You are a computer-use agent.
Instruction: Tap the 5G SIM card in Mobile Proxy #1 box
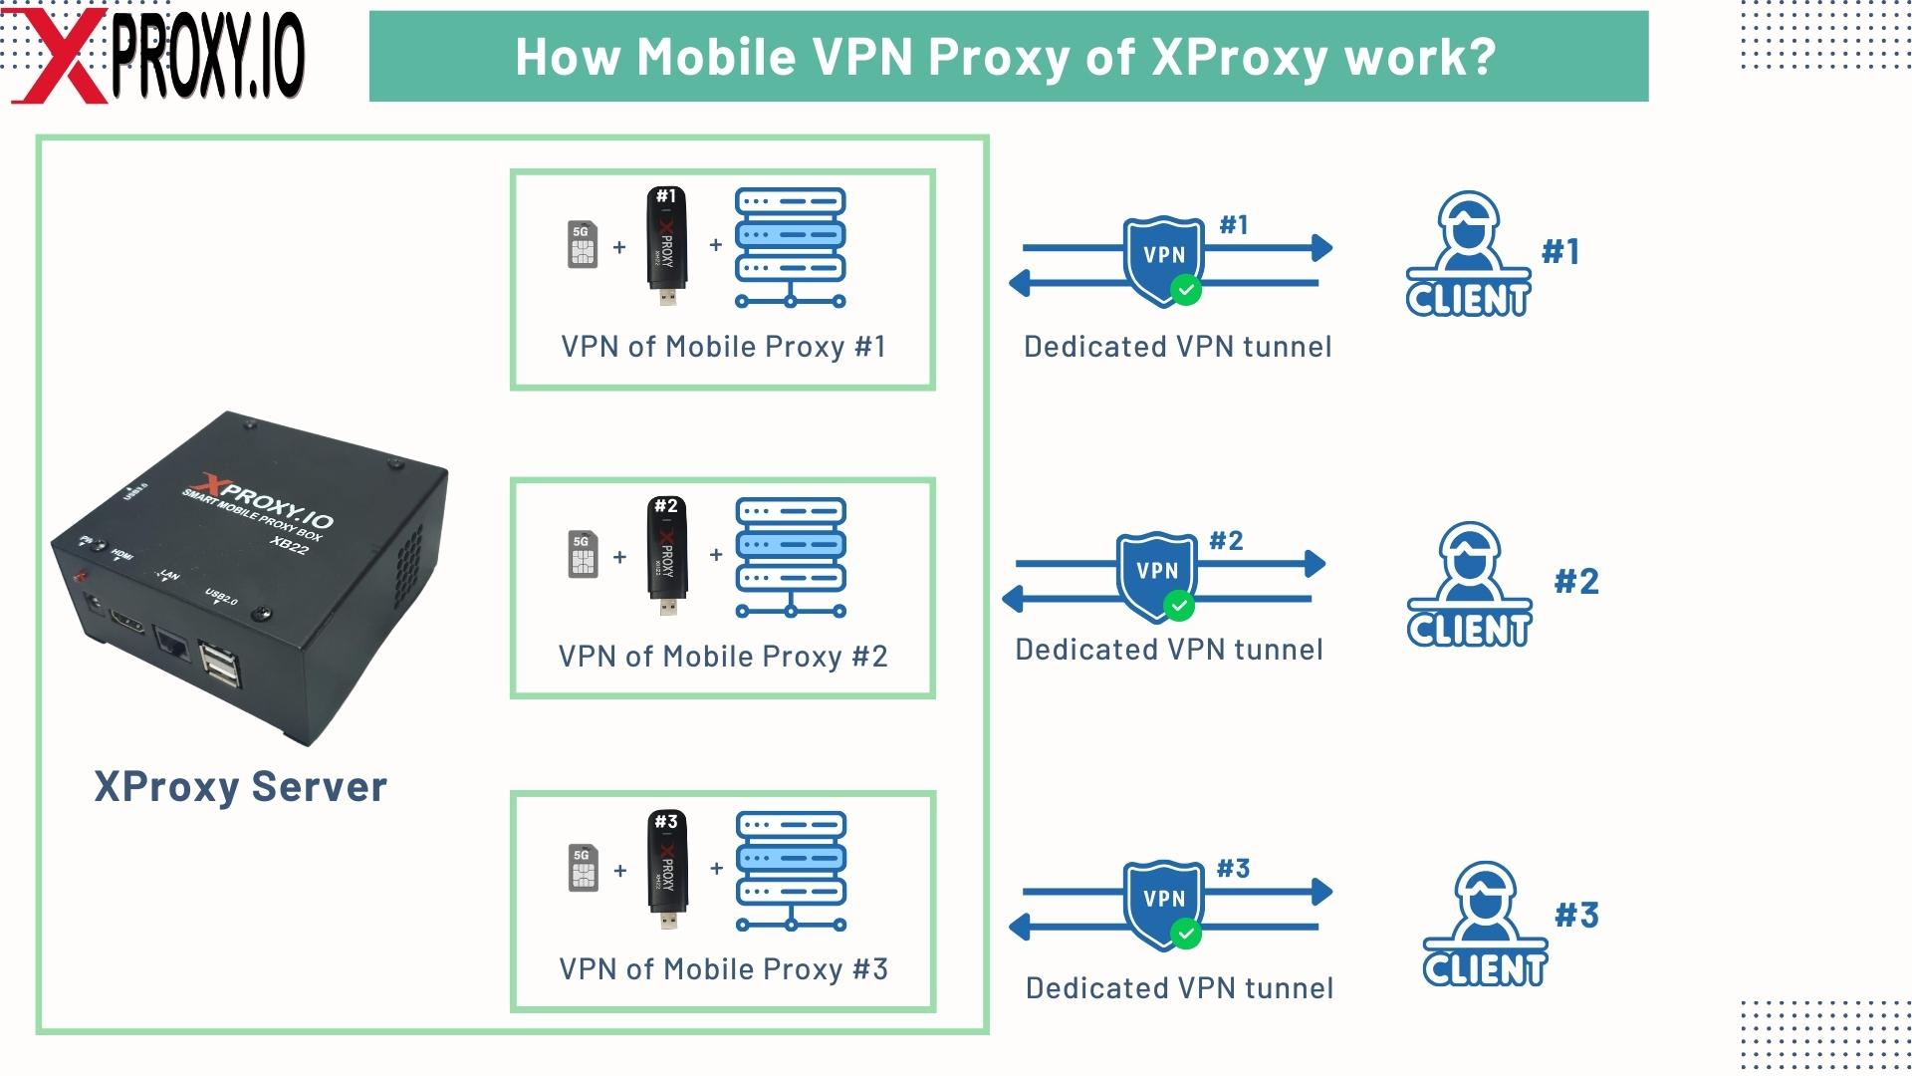tap(583, 245)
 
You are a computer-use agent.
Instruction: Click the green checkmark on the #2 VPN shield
tap(1179, 606)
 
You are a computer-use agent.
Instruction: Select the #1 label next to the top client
tap(1560, 252)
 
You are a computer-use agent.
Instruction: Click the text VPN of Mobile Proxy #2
tap(723, 657)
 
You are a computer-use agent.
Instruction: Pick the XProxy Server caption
tap(240, 787)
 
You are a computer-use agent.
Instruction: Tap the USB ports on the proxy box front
tap(221, 665)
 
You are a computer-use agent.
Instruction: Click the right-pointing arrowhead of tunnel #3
tap(1322, 892)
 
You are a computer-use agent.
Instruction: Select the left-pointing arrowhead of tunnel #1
tap(1019, 283)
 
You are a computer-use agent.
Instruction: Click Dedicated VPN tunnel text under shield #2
tap(1169, 650)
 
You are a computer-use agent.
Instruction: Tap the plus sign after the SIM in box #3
tap(620, 871)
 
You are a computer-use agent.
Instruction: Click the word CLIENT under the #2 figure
tap(1469, 630)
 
